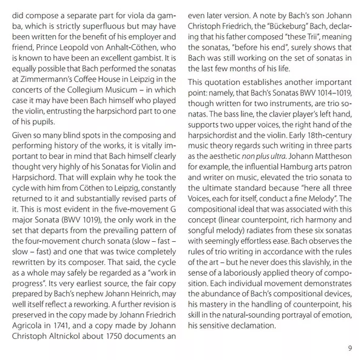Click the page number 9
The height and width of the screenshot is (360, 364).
(x=349, y=347)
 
